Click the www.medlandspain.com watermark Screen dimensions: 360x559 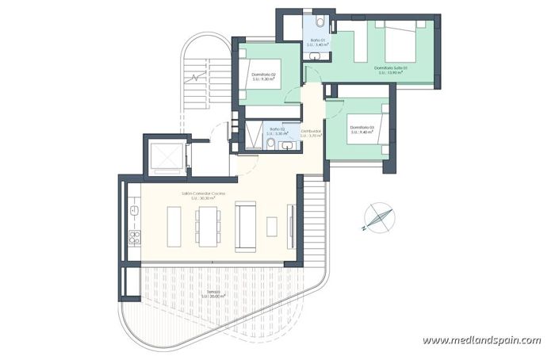481,340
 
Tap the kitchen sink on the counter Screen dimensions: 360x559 135,209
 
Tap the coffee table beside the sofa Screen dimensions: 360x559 272,225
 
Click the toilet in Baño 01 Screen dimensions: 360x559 318,21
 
